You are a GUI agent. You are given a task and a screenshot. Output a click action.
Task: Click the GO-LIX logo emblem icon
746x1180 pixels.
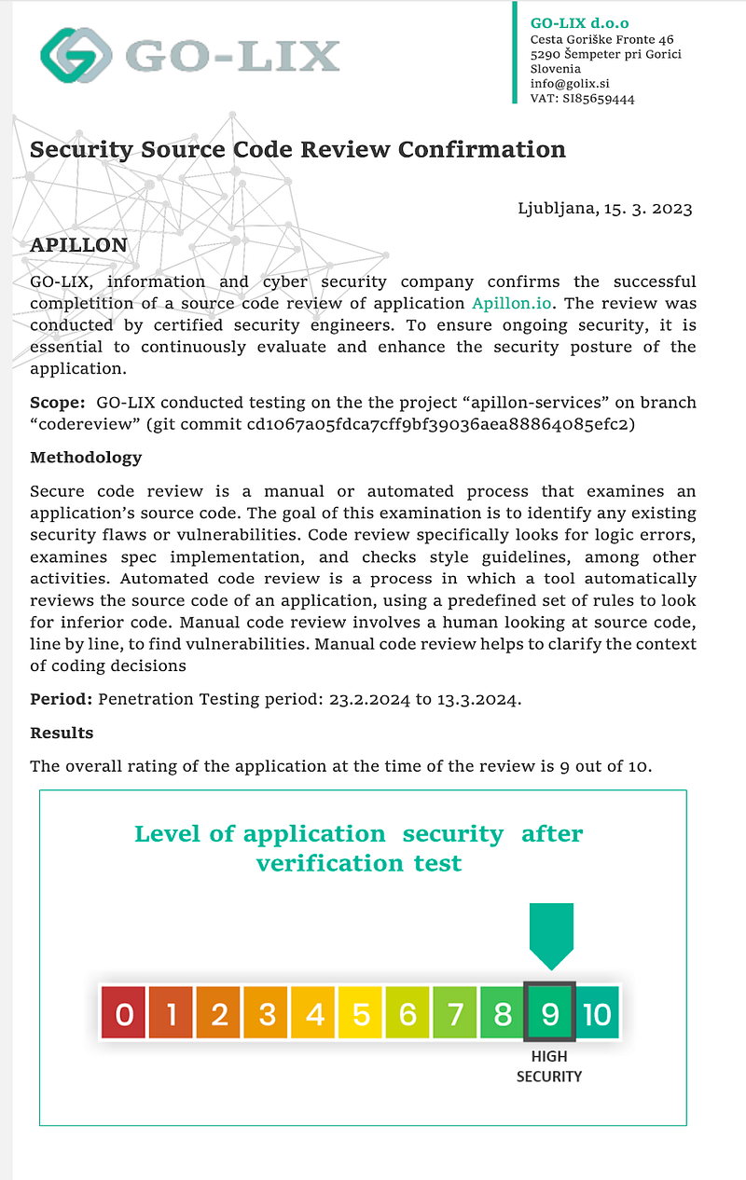(x=75, y=54)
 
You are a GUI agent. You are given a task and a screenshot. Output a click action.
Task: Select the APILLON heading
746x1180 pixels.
(x=78, y=244)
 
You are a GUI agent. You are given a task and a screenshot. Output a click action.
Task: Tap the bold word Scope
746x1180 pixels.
(x=57, y=402)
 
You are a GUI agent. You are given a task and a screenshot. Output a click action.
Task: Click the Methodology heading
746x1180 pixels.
(x=86, y=458)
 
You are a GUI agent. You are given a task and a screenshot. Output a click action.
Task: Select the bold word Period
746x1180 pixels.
(x=61, y=699)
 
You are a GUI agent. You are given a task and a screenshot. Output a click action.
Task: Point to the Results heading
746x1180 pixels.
(x=62, y=733)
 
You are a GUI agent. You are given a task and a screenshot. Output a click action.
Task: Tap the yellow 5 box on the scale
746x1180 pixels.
(x=361, y=1012)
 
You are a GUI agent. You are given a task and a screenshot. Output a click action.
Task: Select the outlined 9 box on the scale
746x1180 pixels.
(x=549, y=1012)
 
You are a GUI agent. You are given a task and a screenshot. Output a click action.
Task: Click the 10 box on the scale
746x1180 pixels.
(x=597, y=1012)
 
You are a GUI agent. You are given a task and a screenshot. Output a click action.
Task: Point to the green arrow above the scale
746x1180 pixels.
(x=550, y=935)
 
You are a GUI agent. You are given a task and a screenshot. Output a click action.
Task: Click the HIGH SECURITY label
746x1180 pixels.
(x=549, y=1066)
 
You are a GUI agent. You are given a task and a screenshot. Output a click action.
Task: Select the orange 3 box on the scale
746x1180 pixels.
(x=266, y=1012)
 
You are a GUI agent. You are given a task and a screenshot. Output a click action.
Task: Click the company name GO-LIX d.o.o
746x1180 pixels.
(x=579, y=22)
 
